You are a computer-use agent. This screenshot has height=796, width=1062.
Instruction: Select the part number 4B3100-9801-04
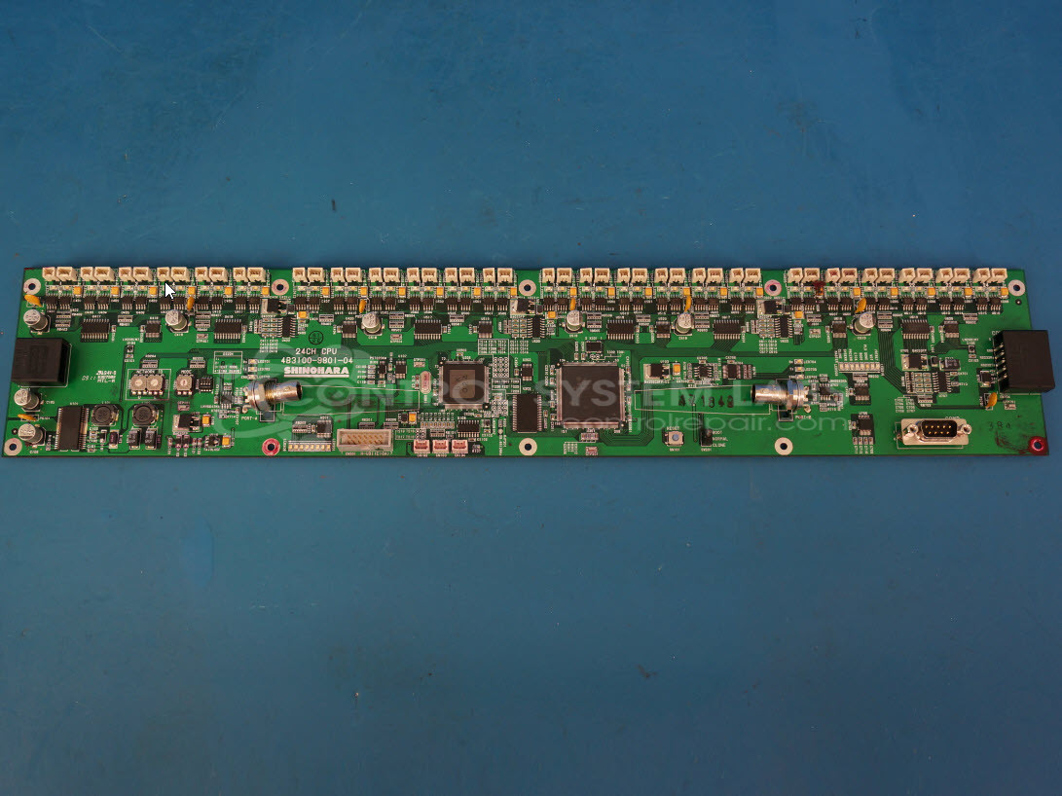(x=316, y=361)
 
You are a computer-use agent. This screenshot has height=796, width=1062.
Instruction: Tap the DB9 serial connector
(x=934, y=431)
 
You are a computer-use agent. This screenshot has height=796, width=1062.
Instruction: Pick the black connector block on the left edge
(x=40, y=361)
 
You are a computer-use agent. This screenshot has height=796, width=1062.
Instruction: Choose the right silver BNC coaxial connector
(x=784, y=393)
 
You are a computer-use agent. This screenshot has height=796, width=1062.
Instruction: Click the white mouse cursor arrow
(x=169, y=291)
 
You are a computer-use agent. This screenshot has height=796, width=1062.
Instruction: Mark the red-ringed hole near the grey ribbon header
(x=271, y=447)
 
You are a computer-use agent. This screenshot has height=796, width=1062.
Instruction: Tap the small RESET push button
(x=674, y=438)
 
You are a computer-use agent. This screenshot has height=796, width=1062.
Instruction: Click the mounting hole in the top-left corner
(x=32, y=286)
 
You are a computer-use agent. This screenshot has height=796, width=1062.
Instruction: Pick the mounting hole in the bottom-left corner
(x=13, y=447)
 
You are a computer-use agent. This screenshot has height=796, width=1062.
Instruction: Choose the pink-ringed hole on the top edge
(x=772, y=287)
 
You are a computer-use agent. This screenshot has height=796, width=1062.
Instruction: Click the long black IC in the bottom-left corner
(x=70, y=428)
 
